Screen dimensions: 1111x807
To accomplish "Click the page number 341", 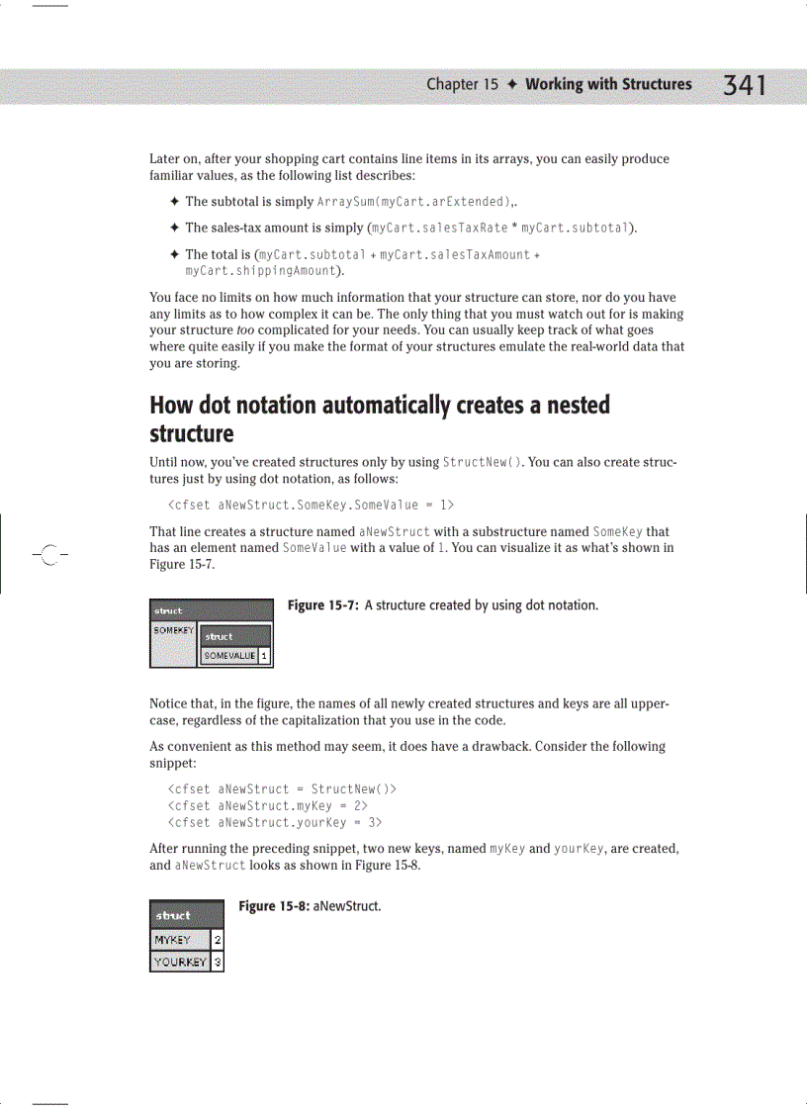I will pyautogui.click(x=745, y=86).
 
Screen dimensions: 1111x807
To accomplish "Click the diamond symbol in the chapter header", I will pyautogui.click(x=511, y=85).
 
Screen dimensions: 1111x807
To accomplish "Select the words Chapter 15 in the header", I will pyautogui.click(x=462, y=85).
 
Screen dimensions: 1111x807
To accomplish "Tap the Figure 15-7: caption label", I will pyautogui.click(x=323, y=605).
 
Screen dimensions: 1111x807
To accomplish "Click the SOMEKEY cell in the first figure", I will pyautogui.click(x=172, y=630).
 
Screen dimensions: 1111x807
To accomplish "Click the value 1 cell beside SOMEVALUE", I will pyautogui.click(x=266, y=655).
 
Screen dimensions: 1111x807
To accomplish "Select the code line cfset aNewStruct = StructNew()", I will pyautogui.click(x=283, y=789).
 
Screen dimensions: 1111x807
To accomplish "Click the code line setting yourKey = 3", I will pyautogui.click(x=276, y=822).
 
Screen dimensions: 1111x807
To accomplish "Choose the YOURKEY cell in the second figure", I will pyautogui.click(x=179, y=962).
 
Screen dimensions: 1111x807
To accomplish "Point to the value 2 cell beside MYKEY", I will pyautogui.click(x=218, y=940).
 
